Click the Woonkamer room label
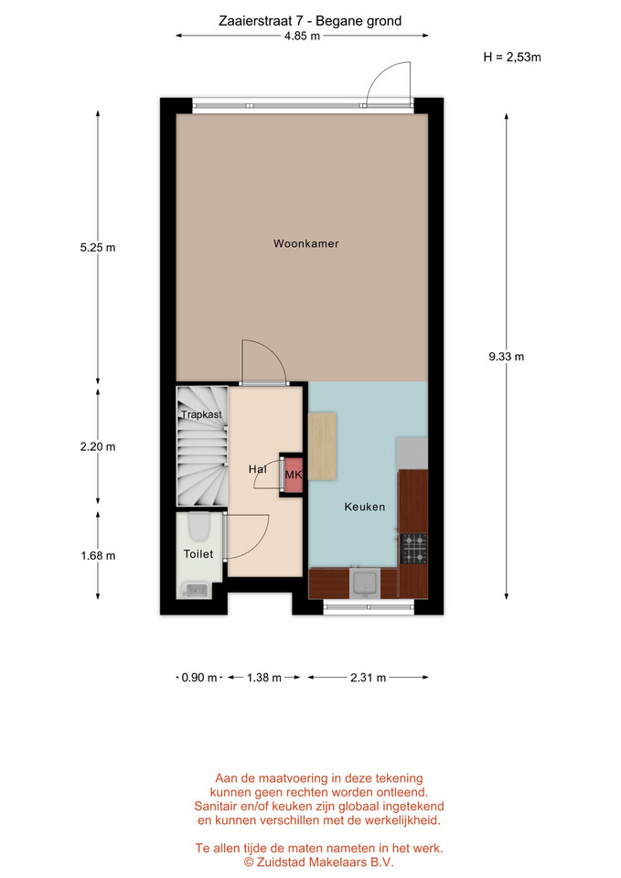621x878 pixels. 305,243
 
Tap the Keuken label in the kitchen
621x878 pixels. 365,507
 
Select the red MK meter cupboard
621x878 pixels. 294,475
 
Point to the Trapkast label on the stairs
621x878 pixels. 201,414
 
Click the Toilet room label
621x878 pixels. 198,554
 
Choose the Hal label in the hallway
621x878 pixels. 258,468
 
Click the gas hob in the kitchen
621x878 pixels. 413,548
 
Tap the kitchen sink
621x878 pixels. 366,583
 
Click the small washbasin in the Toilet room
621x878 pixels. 195,590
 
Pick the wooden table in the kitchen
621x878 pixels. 322,446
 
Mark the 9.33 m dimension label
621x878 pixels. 506,357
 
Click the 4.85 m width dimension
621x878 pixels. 302,36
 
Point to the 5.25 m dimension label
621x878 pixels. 98,248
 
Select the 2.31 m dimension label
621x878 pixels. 368,678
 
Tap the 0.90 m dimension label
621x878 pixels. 198,678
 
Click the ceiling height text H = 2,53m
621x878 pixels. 512,57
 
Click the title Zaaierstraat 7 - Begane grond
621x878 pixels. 310,21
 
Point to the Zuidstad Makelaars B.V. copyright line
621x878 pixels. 318,862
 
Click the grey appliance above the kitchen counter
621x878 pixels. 412,454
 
